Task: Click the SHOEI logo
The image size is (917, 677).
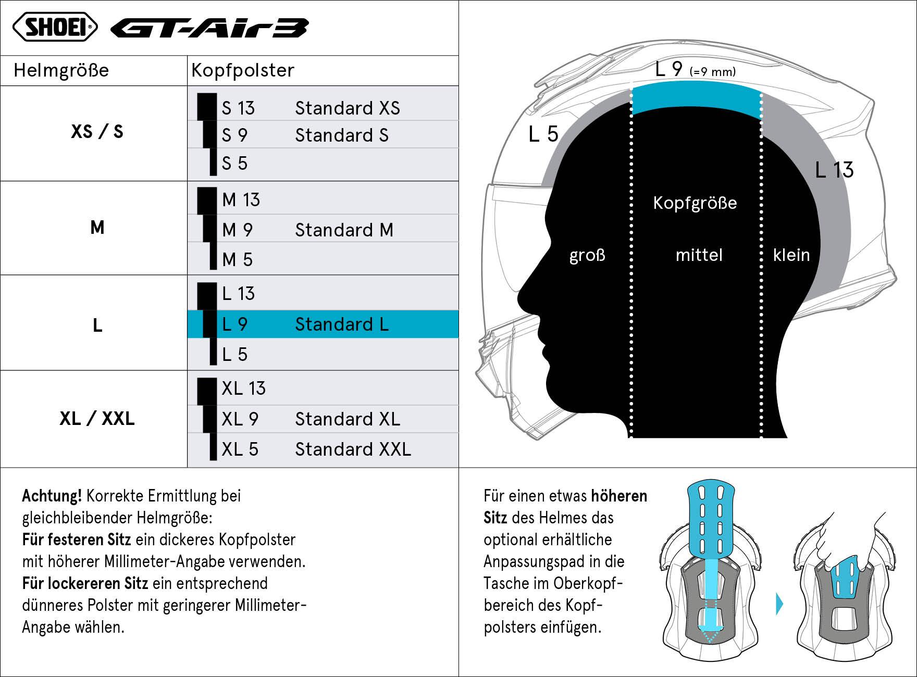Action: (55, 27)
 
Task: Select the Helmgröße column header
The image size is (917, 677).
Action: (61, 70)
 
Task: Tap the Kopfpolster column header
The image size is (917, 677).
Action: (243, 70)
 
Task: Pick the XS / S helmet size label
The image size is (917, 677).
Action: (97, 131)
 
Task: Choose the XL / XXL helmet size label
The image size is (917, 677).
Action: (97, 418)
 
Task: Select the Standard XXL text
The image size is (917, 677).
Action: (353, 449)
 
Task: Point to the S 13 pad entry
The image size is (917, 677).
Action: (238, 108)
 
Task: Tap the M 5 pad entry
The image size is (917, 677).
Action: (237, 259)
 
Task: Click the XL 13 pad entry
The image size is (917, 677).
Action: (243, 388)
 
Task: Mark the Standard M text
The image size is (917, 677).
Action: (344, 230)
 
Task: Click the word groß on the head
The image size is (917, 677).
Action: (587, 255)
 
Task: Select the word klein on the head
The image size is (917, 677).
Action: (791, 255)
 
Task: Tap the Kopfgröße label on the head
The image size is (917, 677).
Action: (695, 203)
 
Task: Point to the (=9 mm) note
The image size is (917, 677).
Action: (713, 72)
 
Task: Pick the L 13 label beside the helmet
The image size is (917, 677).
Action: (834, 170)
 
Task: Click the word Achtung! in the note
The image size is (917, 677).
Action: (52, 496)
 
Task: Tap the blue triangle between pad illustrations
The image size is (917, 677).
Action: (779, 604)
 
